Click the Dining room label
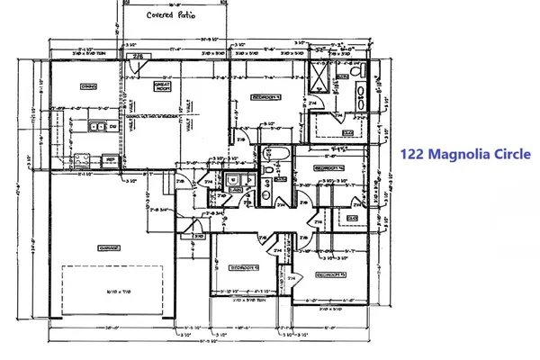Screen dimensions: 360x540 89,86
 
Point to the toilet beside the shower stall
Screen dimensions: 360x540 355,70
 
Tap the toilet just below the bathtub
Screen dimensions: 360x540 269,168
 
